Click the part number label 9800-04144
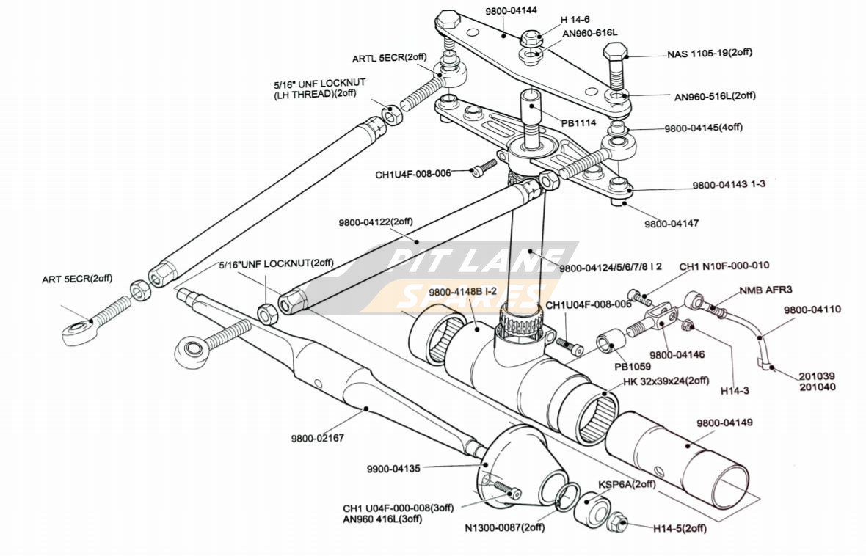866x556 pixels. pos(512,11)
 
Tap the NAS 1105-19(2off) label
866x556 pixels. pos(709,54)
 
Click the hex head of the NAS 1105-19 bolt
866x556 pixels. pos(615,54)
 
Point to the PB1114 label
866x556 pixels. pos(578,124)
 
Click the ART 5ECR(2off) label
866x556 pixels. pos(77,279)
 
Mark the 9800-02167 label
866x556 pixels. pos(317,438)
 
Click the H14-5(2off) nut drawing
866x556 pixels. pos(618,523)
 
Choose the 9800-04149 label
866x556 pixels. pos(724,423)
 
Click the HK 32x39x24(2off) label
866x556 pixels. pos(666,381)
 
